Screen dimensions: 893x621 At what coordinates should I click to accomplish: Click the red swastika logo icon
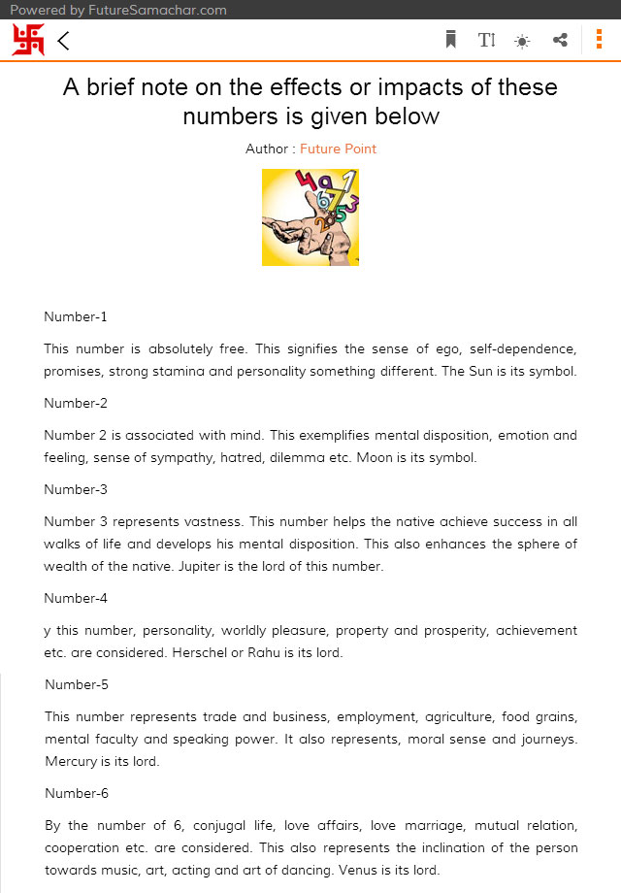[28, 40]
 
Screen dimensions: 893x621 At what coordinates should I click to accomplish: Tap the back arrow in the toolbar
[64, 41]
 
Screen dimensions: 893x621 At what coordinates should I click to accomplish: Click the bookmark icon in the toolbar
[450, 40]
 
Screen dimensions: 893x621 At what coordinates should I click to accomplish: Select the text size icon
[487, 40]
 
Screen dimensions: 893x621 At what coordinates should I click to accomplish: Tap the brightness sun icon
[523, 41]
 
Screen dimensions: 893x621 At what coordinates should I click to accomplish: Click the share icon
[560, 40]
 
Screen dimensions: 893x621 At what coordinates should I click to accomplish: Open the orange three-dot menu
[599, 40]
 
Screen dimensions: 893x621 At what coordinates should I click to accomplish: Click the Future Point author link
[338, 149]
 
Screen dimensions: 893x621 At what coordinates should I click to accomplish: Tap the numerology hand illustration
[310, 216]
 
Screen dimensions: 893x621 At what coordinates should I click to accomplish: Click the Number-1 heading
[76, 316]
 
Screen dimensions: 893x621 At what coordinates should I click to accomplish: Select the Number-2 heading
[76, 403]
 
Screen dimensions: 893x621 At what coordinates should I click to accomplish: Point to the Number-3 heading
[76, 489]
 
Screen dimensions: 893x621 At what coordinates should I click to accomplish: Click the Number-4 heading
[76, 598]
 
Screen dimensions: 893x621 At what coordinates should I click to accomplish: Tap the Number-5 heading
[77, 684]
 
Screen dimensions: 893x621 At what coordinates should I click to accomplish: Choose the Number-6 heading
[77, 793]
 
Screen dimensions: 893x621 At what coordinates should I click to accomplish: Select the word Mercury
[71, 761]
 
